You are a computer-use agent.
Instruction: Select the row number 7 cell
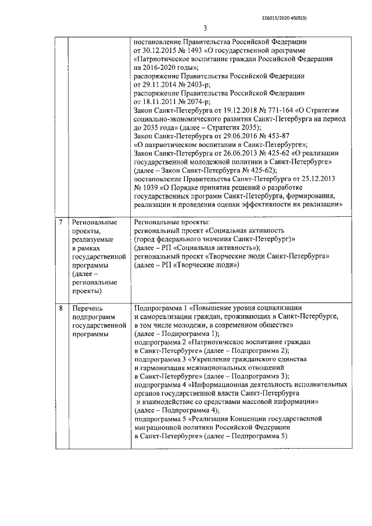click(x=62, y=223)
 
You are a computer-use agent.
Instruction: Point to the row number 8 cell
click(x=62, y=307)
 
